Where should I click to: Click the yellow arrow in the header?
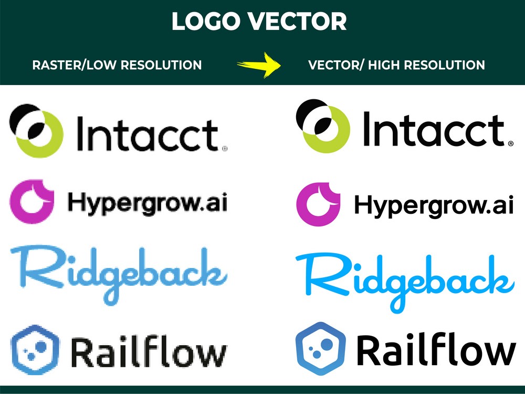(x=259, y=65)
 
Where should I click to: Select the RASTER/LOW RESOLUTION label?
(x=117, y=65)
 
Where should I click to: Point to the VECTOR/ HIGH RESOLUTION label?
(x=396, y=65)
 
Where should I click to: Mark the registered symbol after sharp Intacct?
(x=511, y=144)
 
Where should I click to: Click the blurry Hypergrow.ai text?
(x=148, y=203)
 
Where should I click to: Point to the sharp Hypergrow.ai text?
(x=434, y=206)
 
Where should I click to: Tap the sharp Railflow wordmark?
(x=436, y=349)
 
